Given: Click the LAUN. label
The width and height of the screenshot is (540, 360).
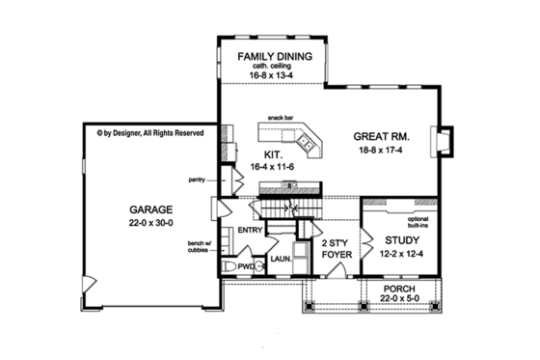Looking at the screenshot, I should (x=281, y=259).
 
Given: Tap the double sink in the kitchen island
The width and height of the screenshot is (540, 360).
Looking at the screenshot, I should (x=307, y=143).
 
